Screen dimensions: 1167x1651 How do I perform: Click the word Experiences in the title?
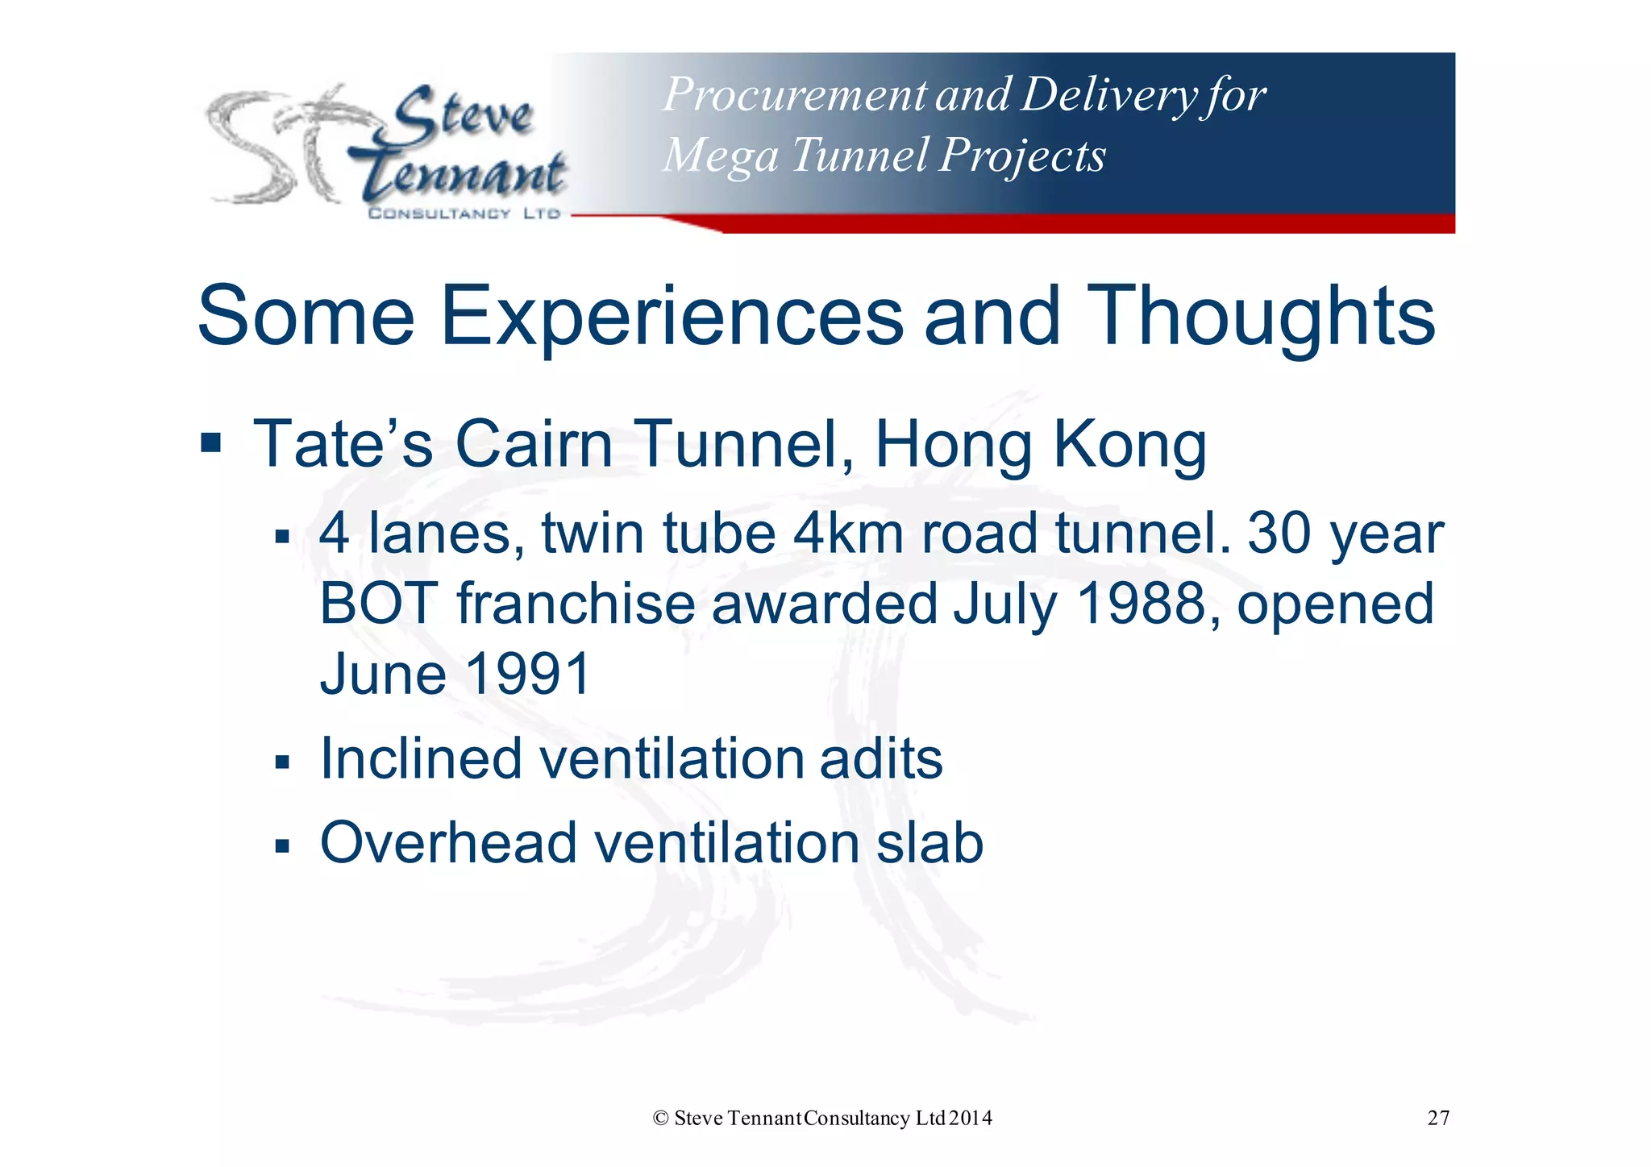tap(672, 316)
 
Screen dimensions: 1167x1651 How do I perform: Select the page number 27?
tap(1438, 1118)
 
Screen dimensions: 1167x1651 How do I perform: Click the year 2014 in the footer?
tap(971, 1118)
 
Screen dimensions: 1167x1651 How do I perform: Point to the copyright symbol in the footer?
tap(661, 1118)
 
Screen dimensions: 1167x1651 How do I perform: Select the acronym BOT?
tap(379, 604)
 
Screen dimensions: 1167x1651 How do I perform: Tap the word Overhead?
tap(447, 843)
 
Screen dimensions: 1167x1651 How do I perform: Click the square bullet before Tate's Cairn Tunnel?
tap(211, 443)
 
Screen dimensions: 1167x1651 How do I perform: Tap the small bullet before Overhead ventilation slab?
tap(281, 847)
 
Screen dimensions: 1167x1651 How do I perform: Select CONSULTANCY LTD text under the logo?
tap(464, 214)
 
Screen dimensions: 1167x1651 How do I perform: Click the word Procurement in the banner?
tap(794, 95)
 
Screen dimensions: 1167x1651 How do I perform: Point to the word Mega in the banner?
tap(720, 156)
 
